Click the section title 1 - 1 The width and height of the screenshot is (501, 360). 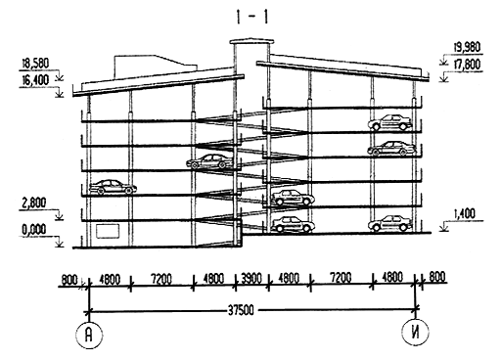click(x=251, y=17)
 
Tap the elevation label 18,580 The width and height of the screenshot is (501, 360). click(x=35, y=64)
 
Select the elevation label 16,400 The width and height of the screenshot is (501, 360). click(x=35, y=80)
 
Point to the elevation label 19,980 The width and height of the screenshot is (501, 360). click(x=467, y=47)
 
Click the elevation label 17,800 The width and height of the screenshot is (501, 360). click(x=467, y=66)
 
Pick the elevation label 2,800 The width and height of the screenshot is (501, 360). click(x=34, y=202)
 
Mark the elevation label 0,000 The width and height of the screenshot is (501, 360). click(x=34, y=230)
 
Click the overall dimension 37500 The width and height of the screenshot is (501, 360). click(x=241, y=310)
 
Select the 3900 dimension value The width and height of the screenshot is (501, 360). click(x=251, y=278)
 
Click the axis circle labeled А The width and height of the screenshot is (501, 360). click(x=89, y=335)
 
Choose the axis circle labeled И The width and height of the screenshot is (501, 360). click(x=415, y=333)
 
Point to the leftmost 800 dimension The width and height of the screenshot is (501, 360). click(x=69, y=280)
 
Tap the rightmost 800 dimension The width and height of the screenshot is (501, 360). click(x=436, y=277)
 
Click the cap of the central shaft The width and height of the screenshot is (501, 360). click(x=251, y=42)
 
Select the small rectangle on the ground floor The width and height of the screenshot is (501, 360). click(x=108, y=230)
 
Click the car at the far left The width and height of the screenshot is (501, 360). click(x=113, y=187)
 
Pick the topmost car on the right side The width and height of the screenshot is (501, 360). click(x=389, y=122)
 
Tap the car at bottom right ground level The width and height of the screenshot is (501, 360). click(x=389, y=224)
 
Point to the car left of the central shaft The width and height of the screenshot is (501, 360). click(x=210, y=161)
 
